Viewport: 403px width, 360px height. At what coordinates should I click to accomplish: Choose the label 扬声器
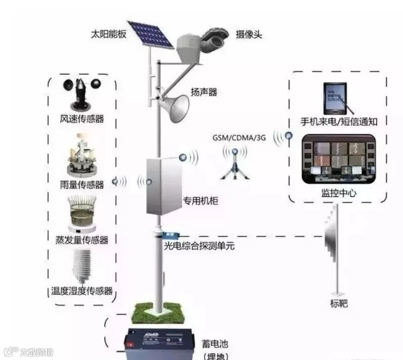[x=204, y=92]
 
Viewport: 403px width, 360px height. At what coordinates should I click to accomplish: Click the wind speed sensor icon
[x=81, y=93]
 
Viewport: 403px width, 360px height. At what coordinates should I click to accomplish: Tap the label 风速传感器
[x=82, y=119]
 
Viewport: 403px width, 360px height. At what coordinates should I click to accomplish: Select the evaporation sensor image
[x=81, y=212]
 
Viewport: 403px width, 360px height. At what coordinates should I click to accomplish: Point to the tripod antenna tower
[x=234, y=164]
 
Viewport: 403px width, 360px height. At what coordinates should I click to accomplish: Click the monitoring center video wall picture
[x=338, y=159]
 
